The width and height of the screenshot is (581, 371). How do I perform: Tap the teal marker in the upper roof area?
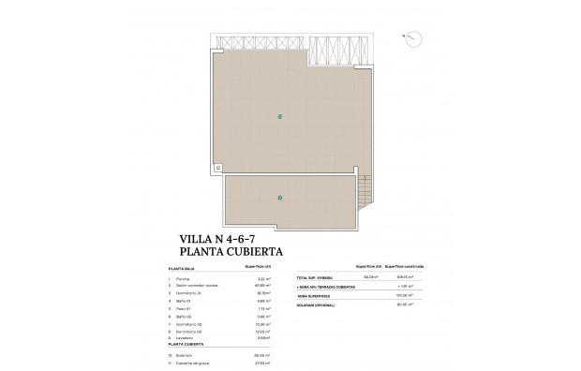[279, 116]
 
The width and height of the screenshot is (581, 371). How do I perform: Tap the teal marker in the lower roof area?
[279, 197]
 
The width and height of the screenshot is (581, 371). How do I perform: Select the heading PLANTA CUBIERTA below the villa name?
[232, 252]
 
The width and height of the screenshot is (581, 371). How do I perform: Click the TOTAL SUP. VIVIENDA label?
[314, 278]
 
